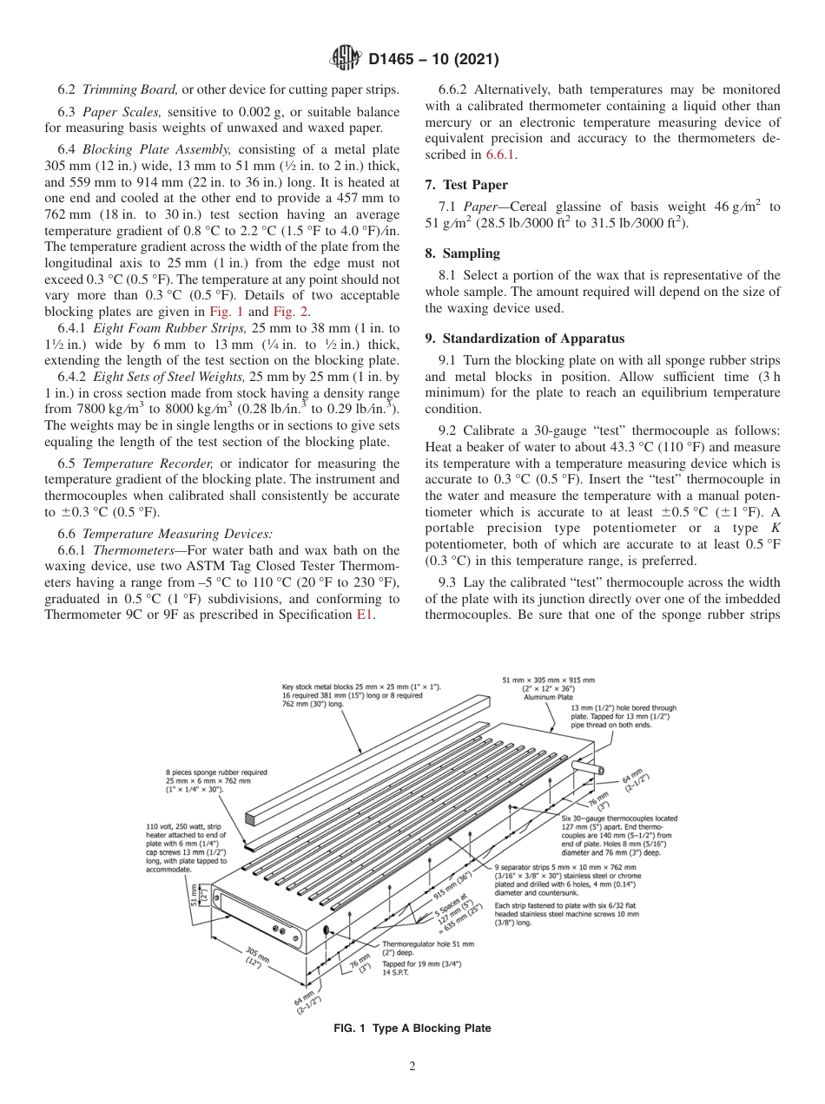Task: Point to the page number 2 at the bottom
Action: [x=412, y=1067]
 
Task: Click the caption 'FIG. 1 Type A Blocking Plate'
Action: [x=412, y=1028]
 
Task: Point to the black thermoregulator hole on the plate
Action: [x=327, y=930]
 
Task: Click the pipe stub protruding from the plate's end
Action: [x=594, y=768]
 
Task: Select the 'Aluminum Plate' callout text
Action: [x=548, y=697]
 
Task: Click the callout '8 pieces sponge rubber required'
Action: [x=216, y=772]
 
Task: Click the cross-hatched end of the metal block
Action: [x=253, y=817]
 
